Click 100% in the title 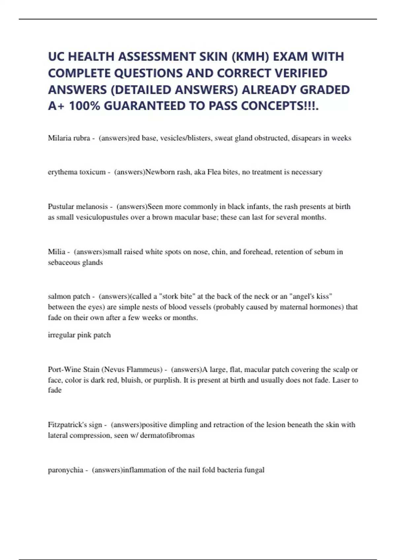click(84, 106)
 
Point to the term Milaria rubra click(69, 138)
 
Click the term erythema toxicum click(77, 172)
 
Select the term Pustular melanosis click(78, 207)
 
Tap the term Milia click(56, 252)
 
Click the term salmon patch click(69, 296)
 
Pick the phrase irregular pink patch click(79, 335)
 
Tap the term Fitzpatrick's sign click(75, 425)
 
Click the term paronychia click(65, 470)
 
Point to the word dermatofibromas click(167, 435)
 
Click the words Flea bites click(222, 172)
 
